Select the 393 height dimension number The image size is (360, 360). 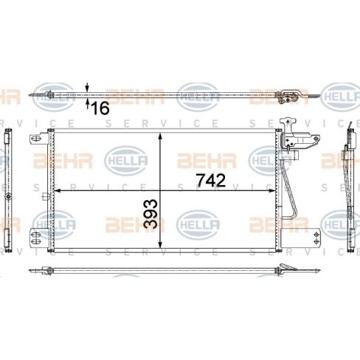[x=151, y=212]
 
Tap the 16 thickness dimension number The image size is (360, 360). [x=100, y=108]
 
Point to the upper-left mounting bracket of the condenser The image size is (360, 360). [x=38, y=139]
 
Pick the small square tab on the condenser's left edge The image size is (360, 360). [x=45, y=195]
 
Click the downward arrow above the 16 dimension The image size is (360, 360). [x=88, y=87]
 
